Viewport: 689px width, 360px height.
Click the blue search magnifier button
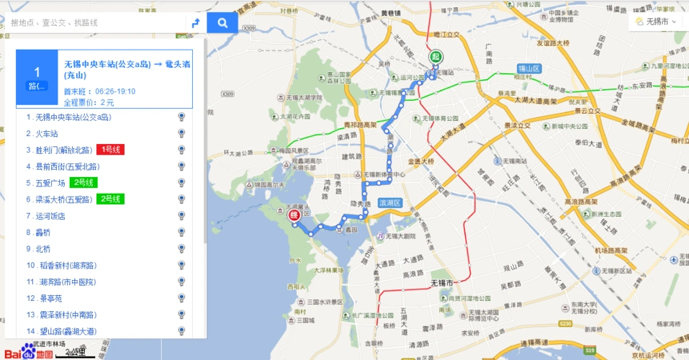tap(222, 23)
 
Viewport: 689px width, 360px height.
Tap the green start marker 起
tap(436, 57)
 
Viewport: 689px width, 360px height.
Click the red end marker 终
tap(294, 213)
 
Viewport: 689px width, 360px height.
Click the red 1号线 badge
tap(110, 150)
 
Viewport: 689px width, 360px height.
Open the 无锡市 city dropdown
tap(657, 22)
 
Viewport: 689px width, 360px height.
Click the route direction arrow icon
tap(195, 23)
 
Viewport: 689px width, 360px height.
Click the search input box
tap(94, 23)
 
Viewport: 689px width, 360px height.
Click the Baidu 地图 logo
tap(29, 351)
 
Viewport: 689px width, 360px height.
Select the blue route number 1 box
tap(37, 77)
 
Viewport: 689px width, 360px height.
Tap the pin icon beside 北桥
tap(181, 249)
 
